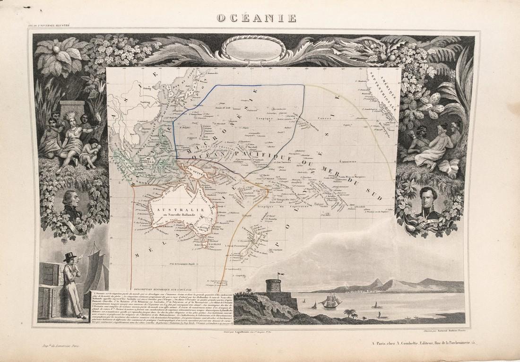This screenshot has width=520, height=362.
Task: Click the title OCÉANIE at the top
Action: point(257,18)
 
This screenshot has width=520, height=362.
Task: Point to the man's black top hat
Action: point(71,256)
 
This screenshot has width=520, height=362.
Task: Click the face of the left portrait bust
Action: point(71,198)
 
